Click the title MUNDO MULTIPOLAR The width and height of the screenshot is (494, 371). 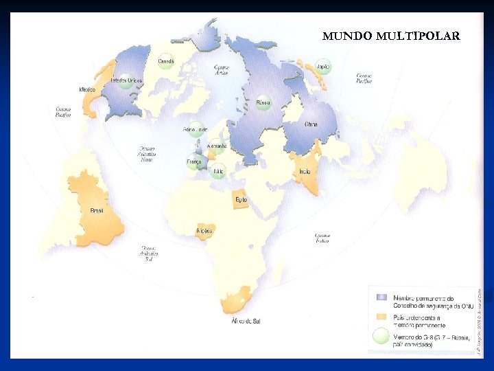391,36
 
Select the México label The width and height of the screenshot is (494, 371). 87,90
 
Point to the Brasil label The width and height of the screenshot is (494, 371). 97,210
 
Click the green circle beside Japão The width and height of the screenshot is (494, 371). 323,67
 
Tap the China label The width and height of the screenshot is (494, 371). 311,124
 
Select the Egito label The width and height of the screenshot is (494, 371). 241,200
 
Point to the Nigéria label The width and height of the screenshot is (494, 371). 204,231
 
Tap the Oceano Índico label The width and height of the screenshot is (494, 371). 322,238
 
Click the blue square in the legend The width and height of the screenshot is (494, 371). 381,297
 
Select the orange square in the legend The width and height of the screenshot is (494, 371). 381,317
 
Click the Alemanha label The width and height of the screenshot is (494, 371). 217,146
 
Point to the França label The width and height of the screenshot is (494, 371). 194,162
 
